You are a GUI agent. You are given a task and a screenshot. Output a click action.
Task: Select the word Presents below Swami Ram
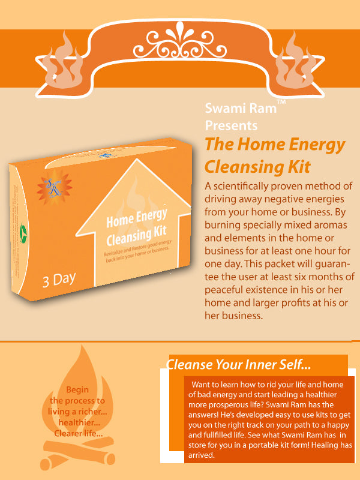(231, 125)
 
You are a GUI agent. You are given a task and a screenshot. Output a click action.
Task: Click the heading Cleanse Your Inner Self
(238, 364)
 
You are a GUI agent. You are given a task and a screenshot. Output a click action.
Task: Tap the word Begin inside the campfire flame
(77, 389)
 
